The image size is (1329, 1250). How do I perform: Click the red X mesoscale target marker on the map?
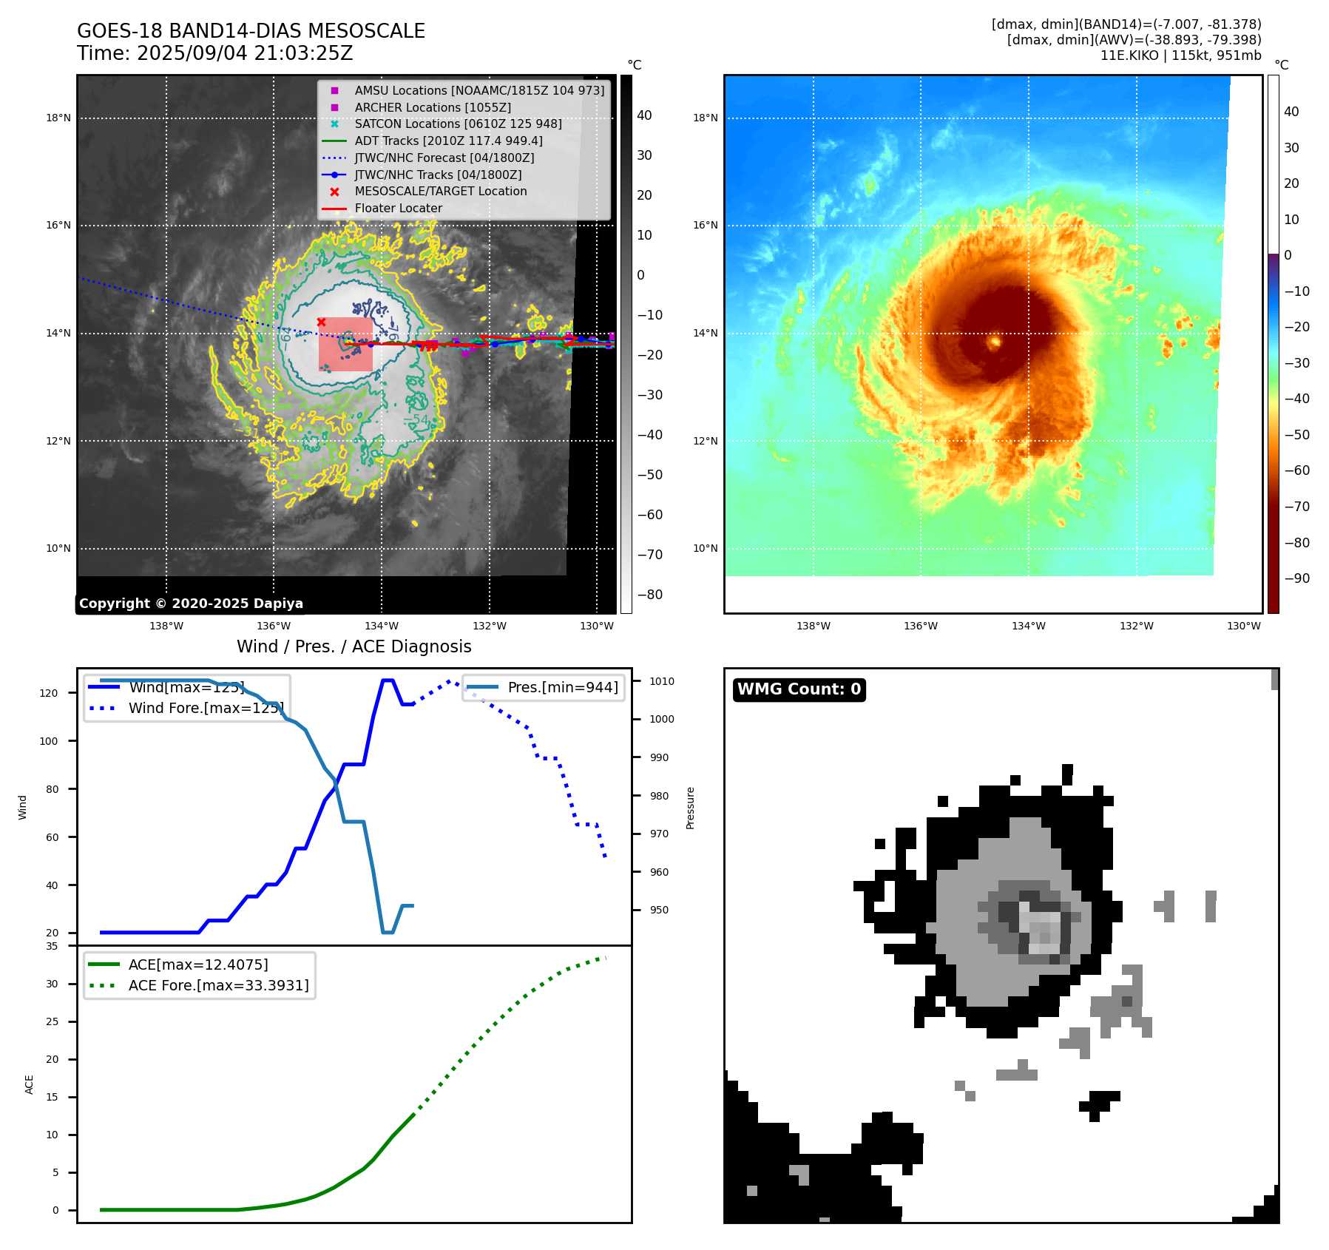pyautogui.click(x=321, y=322)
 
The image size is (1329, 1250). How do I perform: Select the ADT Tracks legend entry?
pyautogui.click(x=448, y=141)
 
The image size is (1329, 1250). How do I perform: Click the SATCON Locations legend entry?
pyautogui.click(x=458, y=124)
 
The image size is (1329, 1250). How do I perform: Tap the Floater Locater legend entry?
pyautogui.click(x=398, y=208)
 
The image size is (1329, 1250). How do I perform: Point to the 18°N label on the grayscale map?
pyautogui.click(x=58, y=118)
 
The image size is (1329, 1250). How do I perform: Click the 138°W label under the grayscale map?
pyautogui.click(x=166, y=626)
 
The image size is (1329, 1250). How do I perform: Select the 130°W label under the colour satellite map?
pyautogui.click(x=1243, y=626)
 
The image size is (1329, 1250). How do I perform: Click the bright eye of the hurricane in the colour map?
pyautogui.click(x=995, y=341)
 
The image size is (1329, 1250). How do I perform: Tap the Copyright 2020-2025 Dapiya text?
pyautogui.click(x=191, y=604)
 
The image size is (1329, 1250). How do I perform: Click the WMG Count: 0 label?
pyautogui.click(x=799, y=689)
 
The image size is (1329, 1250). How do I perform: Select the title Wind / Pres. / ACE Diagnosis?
pyautogui.click(x=354, y=646)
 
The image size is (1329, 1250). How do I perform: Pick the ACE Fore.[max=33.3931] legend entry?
pyautogui.click(x=218, y=985)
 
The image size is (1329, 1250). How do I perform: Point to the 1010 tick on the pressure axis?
pyautogui.click(x=662, y=681)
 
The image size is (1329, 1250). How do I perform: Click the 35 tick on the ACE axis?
pyautogui.click(x=52, y=946)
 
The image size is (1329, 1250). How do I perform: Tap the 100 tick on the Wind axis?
pyautogui.click(x=49, y=741)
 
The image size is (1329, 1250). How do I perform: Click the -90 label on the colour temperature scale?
pyautogui.click(x=1296, y=578)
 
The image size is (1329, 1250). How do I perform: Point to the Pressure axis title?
pyautogui.click(x=691, y=808)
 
